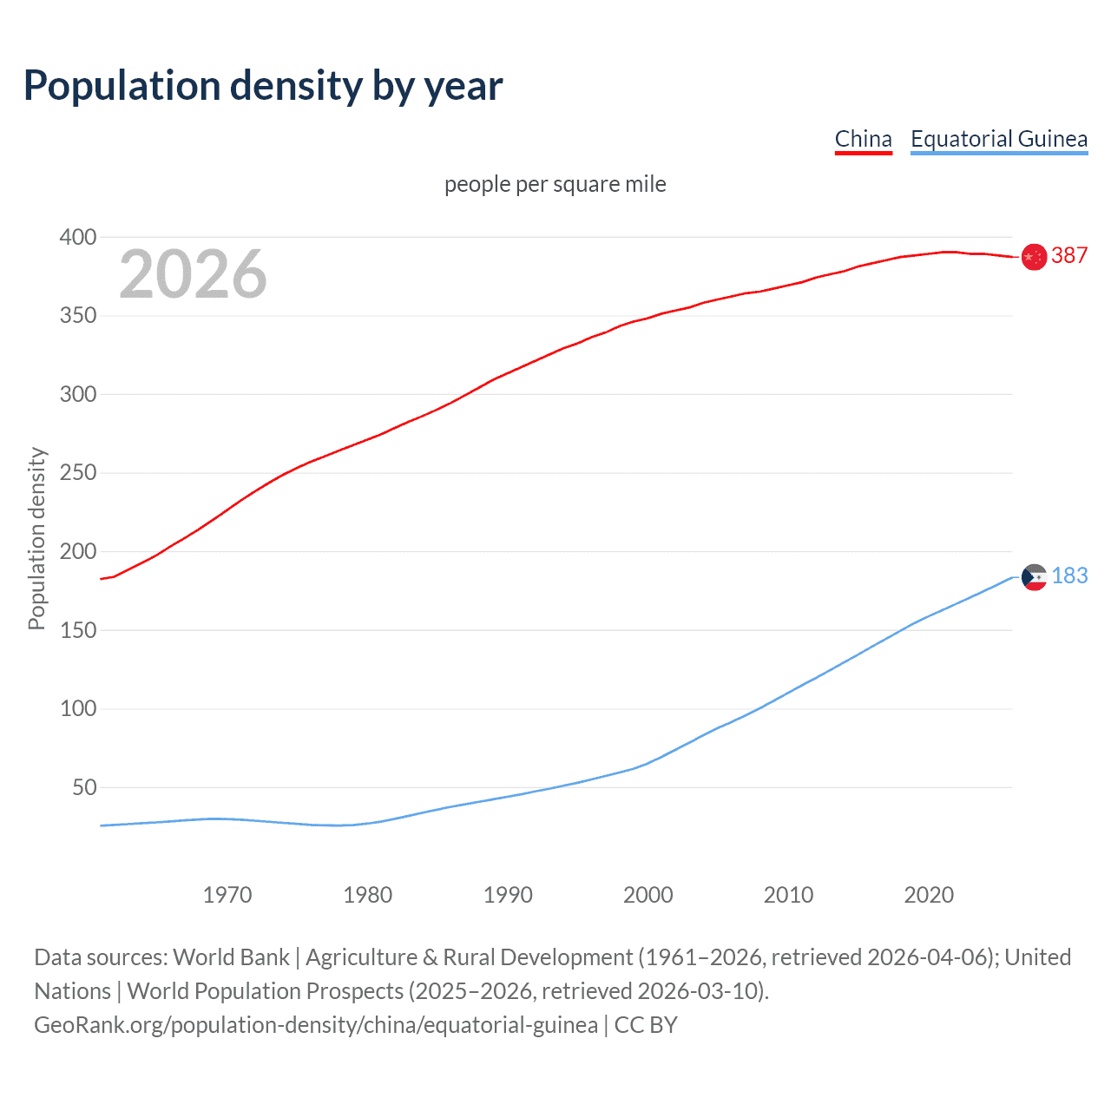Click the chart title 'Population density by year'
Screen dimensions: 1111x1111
coord(263,86)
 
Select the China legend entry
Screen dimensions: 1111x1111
coord(863,139)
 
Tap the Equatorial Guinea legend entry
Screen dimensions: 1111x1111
coord(998,139)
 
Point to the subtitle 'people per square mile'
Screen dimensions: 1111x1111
coord(555,184)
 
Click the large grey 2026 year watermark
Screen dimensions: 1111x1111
coord(193,274)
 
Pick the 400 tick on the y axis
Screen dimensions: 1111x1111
coord(77,237)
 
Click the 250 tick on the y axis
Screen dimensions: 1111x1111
coord(77,473)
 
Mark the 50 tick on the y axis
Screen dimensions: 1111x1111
coord(83,788)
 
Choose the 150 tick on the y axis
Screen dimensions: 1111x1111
coord(77,630)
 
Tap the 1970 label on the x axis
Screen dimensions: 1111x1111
coord(227,895)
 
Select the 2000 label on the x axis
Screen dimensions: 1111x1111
coord(648,895)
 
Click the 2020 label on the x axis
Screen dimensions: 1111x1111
coord(929,895)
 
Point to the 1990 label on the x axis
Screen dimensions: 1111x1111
coord(508,895)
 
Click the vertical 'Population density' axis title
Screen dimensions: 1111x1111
coord(36,538)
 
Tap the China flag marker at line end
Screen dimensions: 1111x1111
coord(1034,257)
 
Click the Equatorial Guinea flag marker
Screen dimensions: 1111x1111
coord(1034,577)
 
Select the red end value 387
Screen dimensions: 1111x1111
coord(1069,255)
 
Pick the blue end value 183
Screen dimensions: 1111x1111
coord(1069,575)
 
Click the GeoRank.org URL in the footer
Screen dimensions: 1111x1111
coord(316,1025)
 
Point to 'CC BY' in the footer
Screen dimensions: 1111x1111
coord(646,1025)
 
